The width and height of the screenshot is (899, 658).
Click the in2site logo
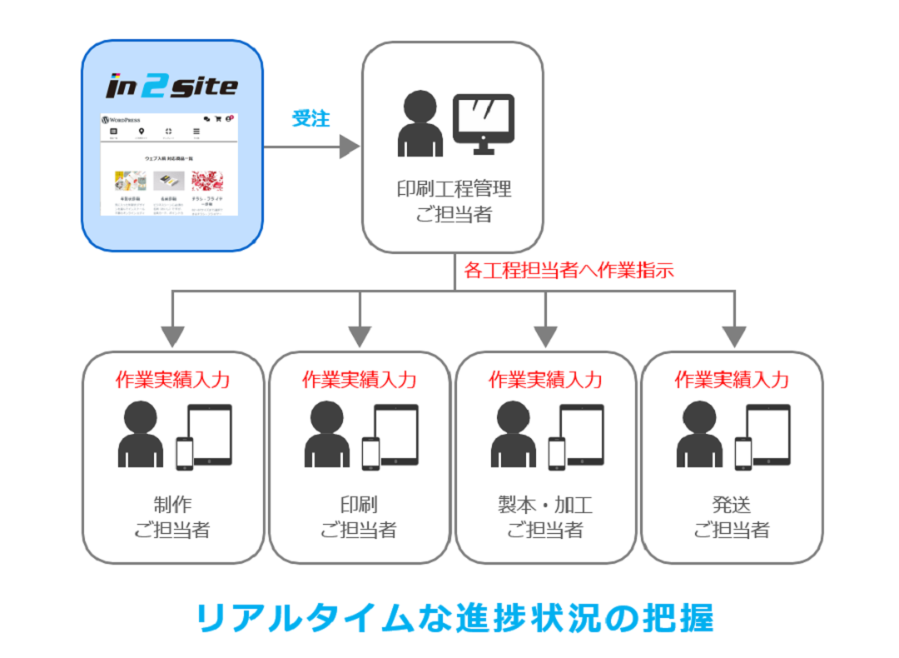tap(172, 87)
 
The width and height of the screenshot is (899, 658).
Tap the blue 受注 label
tap(310, 118)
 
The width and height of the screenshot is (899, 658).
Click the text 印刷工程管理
tap(454, 189)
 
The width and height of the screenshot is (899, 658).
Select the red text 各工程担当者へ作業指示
tap(569, 270)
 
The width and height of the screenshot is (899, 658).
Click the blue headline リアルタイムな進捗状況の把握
tap(455, 618)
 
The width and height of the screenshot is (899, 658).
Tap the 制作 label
tap(172, 505)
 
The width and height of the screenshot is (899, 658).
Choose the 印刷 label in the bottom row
tap(359, 505)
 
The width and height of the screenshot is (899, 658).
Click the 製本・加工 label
tap(544, 505)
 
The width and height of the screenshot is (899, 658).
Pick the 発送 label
tap(732, 505)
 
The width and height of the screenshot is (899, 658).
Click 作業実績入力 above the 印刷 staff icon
tap(359, 380)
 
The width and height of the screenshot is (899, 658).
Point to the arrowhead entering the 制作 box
tap(172, 336)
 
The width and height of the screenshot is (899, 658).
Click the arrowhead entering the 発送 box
tap(733, 336)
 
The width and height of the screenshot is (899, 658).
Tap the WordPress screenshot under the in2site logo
tap(169, 164)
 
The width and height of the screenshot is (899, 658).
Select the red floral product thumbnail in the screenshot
tap(207, 181)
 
